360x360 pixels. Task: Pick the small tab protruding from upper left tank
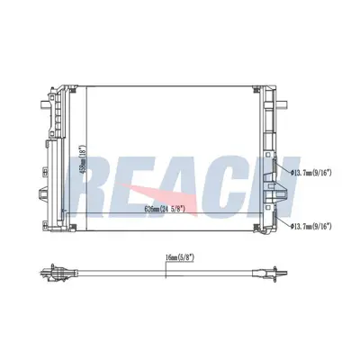click(42, 94)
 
